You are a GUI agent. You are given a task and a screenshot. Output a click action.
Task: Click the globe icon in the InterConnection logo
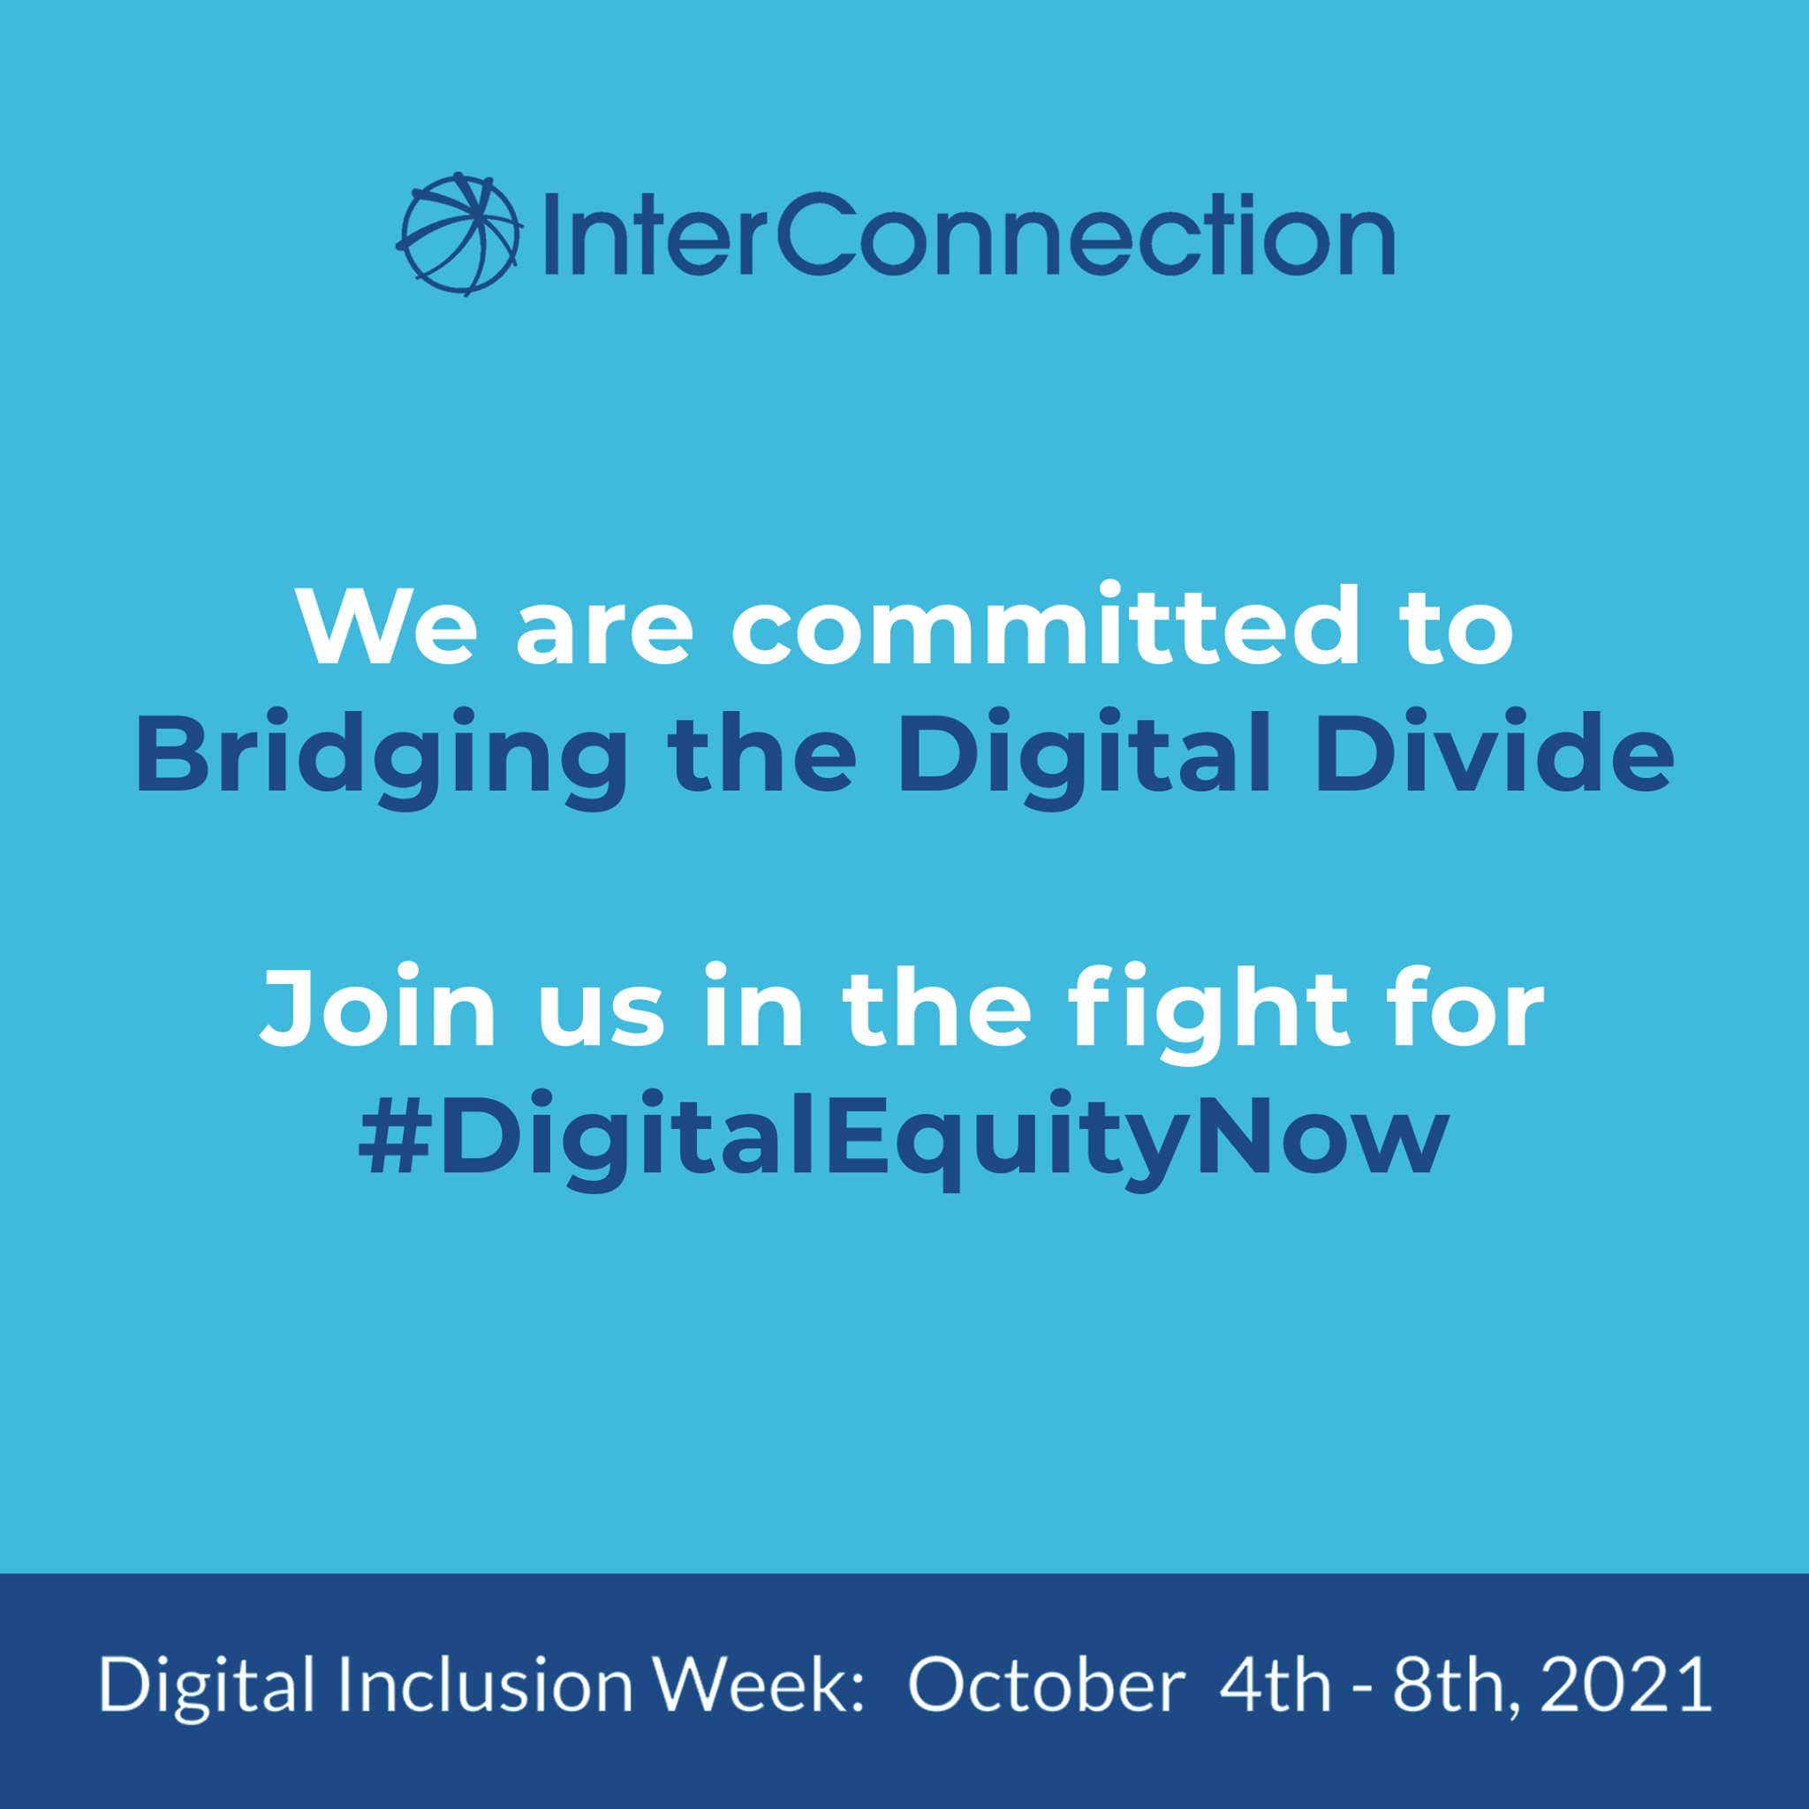pyautogui.click(x=458, y=234)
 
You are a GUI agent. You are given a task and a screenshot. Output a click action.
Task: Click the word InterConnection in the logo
pyautogui.click(x=969, y=234)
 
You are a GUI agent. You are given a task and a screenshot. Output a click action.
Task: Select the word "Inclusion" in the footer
pyautogui.click(x=486, y=1685)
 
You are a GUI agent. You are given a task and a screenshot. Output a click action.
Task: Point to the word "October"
pyautogui.click(x=1047, y=1685)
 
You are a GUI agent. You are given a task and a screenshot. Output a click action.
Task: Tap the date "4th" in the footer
pyautogui.click(x=1275, y=1685)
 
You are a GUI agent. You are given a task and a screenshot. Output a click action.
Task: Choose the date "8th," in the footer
pyautogui.click(x=1451, y=1688)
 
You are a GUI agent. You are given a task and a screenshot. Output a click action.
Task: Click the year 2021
pyautogui.click(x=1626, y=1685)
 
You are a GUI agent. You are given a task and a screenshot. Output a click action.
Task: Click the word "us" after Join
pyautogui.click(x=602, y=1018)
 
